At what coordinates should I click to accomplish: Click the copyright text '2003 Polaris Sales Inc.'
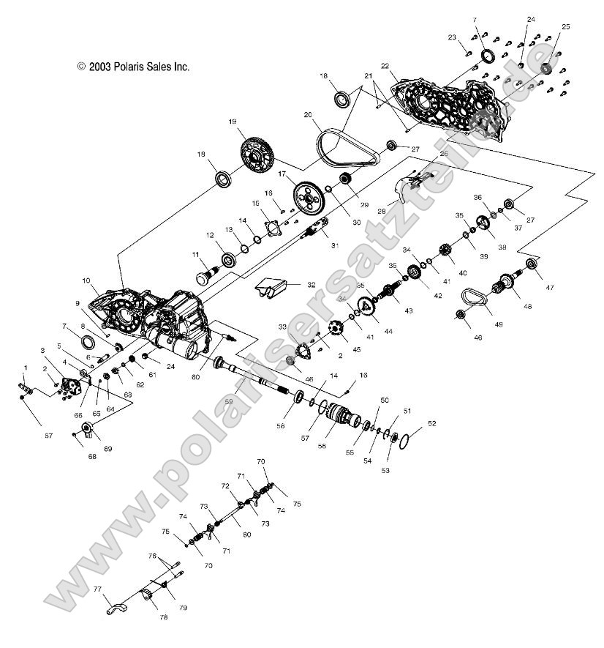(x=133, y=66)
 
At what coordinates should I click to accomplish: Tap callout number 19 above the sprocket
(x=233, y=122)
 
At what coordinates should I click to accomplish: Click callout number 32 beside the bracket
(x=311, y=284)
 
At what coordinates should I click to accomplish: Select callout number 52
(x=431, y=422)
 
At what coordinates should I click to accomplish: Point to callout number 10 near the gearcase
(x=86, y=280)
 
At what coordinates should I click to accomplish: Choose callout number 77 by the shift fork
(x=97, y=589)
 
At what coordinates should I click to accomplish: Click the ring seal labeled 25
(x=546, y=69)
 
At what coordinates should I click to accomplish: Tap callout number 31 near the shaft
(x=335, y=245)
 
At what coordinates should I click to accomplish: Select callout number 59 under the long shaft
(x=229, y=401)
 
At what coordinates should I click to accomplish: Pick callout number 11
(x=196, y=254)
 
